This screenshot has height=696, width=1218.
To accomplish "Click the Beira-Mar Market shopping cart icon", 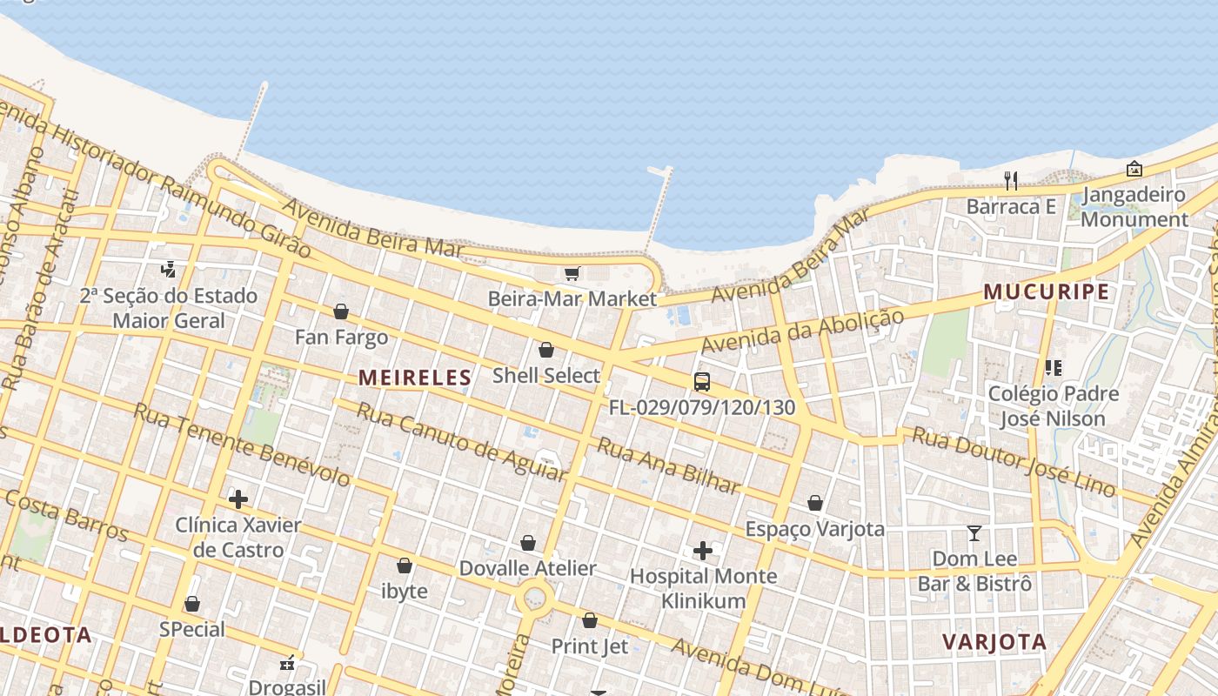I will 572,274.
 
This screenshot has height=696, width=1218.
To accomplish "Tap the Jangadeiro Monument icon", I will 1134,169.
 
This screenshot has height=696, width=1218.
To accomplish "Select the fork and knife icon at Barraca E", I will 1010,181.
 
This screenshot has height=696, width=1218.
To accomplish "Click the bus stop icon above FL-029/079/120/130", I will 701,381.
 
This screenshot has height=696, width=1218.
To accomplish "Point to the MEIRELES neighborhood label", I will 415,378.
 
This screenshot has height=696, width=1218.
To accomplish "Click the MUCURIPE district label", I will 1047,292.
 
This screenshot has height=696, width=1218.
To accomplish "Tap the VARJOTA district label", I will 994,642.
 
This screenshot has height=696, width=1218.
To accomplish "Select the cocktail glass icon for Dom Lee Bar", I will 974,532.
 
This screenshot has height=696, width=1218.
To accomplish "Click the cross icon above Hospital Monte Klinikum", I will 703,551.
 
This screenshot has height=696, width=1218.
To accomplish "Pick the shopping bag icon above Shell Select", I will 546,350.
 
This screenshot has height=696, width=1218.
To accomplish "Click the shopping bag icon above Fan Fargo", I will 341,311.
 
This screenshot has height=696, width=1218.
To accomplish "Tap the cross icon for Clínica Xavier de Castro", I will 238,499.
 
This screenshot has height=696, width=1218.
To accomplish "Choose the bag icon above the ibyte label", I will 405,565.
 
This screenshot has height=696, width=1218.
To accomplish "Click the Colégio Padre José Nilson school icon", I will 1053,368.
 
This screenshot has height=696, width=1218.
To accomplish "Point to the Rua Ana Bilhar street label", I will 668,465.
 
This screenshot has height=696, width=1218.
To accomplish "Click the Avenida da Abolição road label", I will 802,331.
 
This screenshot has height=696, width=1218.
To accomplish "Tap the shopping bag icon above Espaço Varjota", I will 815,503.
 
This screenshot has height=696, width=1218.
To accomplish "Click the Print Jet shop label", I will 589,646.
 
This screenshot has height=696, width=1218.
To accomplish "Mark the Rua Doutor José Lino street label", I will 1013,462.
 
